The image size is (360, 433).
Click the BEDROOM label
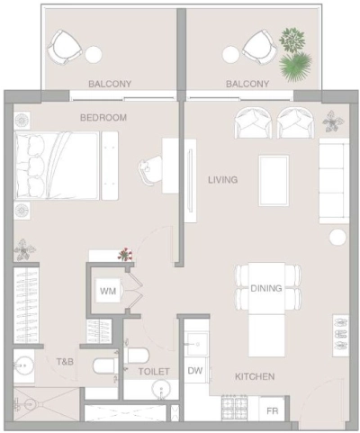103,118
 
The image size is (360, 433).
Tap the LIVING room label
222,180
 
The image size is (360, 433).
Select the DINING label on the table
265,289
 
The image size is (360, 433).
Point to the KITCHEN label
255,376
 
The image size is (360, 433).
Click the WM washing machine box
108,292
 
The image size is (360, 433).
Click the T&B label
65,362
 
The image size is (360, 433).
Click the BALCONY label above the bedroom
110,85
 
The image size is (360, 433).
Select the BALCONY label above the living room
247,85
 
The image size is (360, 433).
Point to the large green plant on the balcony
294,65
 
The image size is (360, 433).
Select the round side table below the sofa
337,238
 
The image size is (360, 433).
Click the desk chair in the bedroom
149,167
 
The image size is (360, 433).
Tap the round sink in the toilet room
161,390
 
